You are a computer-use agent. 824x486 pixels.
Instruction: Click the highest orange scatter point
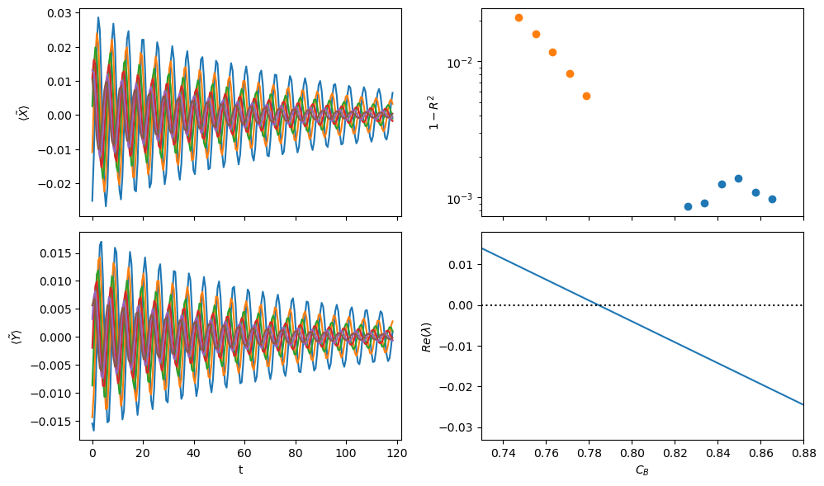point(519,18)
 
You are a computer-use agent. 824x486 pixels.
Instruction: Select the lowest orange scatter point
point(586,97)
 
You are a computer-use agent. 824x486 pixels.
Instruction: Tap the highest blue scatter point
point(738,178)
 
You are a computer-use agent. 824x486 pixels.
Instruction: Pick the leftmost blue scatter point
point(688,206)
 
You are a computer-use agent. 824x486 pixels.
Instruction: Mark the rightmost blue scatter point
point(772,199)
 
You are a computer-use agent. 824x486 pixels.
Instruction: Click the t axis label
point(241,469)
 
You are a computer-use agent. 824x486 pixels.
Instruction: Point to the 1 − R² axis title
point(434,112)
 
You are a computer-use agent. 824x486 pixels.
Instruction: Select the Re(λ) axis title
point(427,337)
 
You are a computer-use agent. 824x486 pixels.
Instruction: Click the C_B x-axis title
point(642,470)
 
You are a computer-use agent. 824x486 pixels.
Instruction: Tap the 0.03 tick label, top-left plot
point(59,13)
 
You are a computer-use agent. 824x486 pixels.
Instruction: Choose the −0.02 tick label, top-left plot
point(54,184)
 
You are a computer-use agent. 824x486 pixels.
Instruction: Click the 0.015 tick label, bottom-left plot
point(55,253)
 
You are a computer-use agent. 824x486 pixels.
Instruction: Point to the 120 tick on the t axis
point(397,453)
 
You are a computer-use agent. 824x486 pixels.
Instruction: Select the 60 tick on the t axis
point(245,453)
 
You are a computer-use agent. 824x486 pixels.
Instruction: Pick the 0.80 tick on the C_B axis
point(632,453)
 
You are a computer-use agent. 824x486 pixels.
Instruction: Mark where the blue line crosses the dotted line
point(599,305)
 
